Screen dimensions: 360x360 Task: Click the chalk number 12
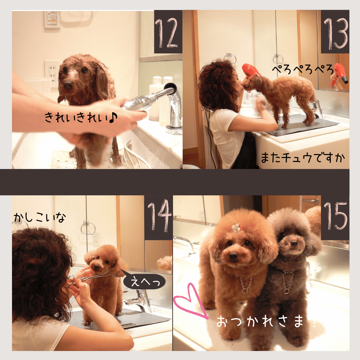pyautogui.click(x=166, y=33)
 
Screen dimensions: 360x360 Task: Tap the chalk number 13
pyautogui.click(x=336, y=33)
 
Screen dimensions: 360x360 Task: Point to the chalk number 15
pyautogui.click(x=335, y=216)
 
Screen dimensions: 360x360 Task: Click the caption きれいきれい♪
pyautogui.click(x=81, y=117)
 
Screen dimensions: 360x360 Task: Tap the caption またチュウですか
pyautogui.click(x=303, y=158)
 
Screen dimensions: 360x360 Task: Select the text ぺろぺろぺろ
pyautogui.click(x=303, y=69)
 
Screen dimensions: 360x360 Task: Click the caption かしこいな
pyautogui.click(x=39, y=217)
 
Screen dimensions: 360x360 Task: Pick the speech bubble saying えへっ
pyautogui.click(x=144, y=281)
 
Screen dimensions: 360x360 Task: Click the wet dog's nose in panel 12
pyautogui.click(x=68, y=85)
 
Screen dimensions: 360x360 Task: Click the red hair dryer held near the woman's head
pyautogui.click(x=250, y=70)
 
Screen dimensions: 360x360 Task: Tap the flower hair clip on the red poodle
pyautogui.click(x=236, y=227)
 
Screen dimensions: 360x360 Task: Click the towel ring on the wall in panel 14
pyautogui.click(x=88, y=227)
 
